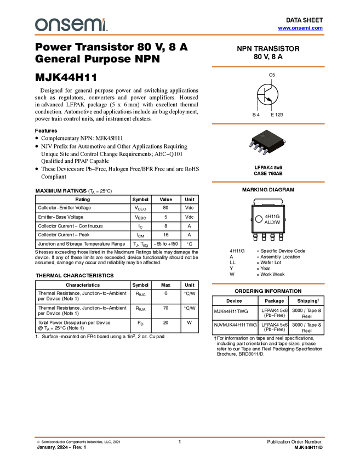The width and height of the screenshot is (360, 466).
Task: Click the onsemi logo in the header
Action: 71,25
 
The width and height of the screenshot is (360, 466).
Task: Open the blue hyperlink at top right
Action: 300,28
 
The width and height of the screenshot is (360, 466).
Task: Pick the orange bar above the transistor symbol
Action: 268,67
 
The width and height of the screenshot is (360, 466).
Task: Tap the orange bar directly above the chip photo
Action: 268,124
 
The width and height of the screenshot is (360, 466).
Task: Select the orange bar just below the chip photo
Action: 268,182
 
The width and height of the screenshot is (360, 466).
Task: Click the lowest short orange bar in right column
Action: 268,283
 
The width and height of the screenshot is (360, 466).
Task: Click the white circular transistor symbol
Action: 268,95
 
